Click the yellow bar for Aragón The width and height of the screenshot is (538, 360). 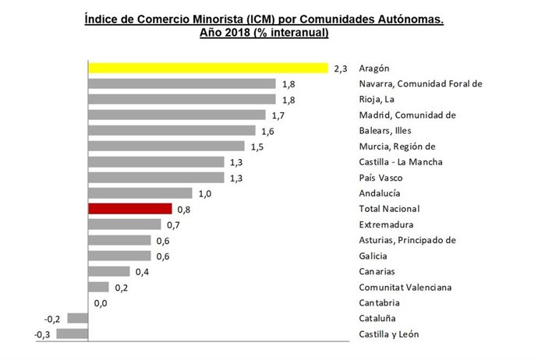208,69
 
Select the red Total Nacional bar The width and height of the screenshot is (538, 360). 130,209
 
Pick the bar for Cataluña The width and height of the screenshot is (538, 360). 78,318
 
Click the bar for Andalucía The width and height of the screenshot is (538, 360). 140,193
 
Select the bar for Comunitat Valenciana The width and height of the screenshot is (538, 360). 99,287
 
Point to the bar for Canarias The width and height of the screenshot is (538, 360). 109,271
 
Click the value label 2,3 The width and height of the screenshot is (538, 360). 340,69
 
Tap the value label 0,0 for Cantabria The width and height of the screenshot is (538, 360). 100,303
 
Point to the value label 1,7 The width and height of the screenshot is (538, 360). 278,115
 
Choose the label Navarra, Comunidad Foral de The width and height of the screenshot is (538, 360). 421,84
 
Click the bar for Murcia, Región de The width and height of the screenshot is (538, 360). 166,146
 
